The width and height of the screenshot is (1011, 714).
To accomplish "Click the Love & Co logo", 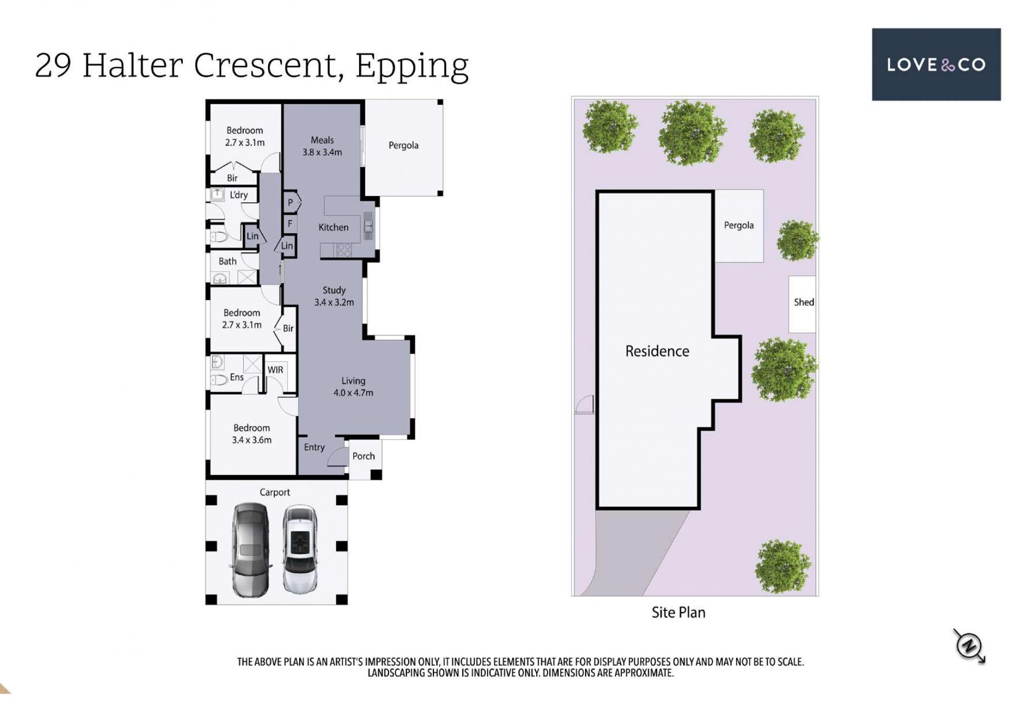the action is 936,64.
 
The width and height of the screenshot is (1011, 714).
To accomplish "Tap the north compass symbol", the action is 969,646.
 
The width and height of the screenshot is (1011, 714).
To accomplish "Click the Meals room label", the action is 322,140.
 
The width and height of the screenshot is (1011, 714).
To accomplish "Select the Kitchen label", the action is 333,227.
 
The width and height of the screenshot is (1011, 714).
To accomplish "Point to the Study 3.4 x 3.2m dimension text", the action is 334,302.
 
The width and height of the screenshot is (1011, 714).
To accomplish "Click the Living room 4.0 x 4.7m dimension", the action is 353,393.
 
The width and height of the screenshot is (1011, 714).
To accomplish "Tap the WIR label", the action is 275,370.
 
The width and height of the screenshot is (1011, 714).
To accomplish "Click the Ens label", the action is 236,377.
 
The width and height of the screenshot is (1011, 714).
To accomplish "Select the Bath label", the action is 227,261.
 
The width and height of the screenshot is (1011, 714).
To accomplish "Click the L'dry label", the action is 239,195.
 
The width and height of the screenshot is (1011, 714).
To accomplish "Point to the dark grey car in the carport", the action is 251,550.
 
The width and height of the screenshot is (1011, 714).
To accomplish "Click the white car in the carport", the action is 300,549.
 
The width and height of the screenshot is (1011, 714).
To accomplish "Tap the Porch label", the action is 363,456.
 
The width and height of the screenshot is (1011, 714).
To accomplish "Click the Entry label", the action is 314,447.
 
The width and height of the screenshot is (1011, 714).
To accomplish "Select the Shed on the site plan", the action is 802,304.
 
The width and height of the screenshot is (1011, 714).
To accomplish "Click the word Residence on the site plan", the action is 657,351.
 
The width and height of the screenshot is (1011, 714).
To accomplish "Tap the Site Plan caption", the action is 678,612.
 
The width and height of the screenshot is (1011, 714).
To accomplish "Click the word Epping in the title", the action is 412,66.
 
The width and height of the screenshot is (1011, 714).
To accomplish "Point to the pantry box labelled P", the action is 291,202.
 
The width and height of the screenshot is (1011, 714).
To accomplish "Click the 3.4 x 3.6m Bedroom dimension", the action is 252,440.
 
